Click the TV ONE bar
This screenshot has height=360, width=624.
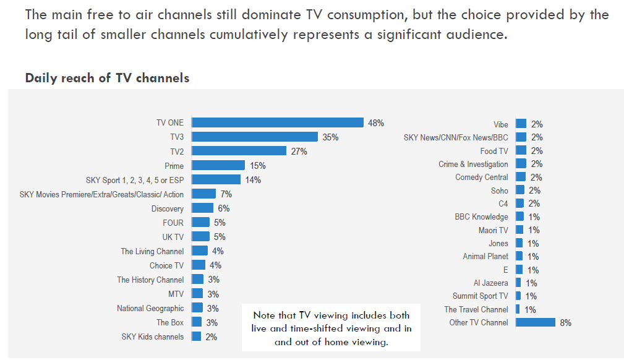(277, 122)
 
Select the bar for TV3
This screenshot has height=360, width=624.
(254, 137)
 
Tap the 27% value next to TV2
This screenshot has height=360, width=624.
(299, 151)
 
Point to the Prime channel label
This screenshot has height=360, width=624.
(174, 165)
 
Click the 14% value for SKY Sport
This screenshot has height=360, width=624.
(252, 180)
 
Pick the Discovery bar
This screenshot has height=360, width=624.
(202, 208)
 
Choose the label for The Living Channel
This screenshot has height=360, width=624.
(152, 251)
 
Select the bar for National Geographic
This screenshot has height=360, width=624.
(197, 308)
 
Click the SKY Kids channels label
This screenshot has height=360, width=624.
(152, 336)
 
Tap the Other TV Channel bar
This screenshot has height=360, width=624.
(535, 322)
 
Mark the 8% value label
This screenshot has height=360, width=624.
(565, 323)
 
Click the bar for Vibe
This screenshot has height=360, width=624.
(521, 124)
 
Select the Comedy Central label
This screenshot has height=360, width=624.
(482, 178)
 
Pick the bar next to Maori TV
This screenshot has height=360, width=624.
(519, 230)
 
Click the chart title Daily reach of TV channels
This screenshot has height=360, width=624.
(107, 78)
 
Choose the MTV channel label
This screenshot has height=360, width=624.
(176, 294)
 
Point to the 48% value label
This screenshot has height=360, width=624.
(376, 123)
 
